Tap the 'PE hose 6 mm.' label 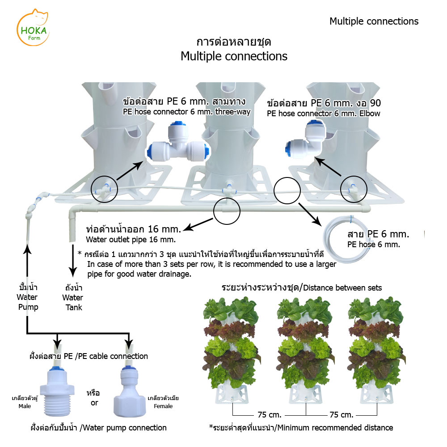[373, 245]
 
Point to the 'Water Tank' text [72, 297]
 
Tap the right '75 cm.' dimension [341, 414]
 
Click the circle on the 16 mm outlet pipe [226, 210]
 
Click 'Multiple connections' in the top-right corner [374, 21]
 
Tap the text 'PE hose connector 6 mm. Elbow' [323, 114]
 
